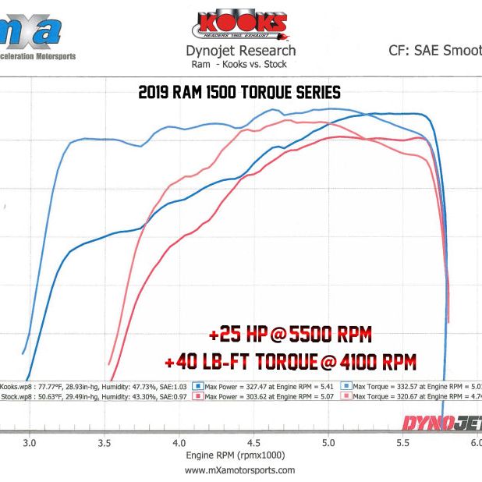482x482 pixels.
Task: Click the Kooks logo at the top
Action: pos(240,23)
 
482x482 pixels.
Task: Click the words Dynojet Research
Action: pos(240,51)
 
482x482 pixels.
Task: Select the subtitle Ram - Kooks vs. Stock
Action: pos(240,65)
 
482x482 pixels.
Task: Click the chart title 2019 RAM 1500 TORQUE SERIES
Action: pos(239,92)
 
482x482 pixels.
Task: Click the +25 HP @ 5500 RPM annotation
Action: pos(289,336)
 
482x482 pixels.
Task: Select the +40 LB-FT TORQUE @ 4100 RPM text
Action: pos(290,362)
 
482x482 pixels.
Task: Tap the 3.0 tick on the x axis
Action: pos(29,442)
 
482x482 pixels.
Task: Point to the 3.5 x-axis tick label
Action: pos(104,442)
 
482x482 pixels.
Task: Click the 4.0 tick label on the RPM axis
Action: pos(179,442)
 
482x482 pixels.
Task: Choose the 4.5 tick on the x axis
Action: pos(253,442)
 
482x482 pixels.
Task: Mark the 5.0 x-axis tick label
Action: pos(328,442)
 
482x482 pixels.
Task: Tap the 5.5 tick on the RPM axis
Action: pos(403,442)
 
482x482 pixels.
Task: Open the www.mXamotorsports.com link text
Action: pos(240,470)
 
